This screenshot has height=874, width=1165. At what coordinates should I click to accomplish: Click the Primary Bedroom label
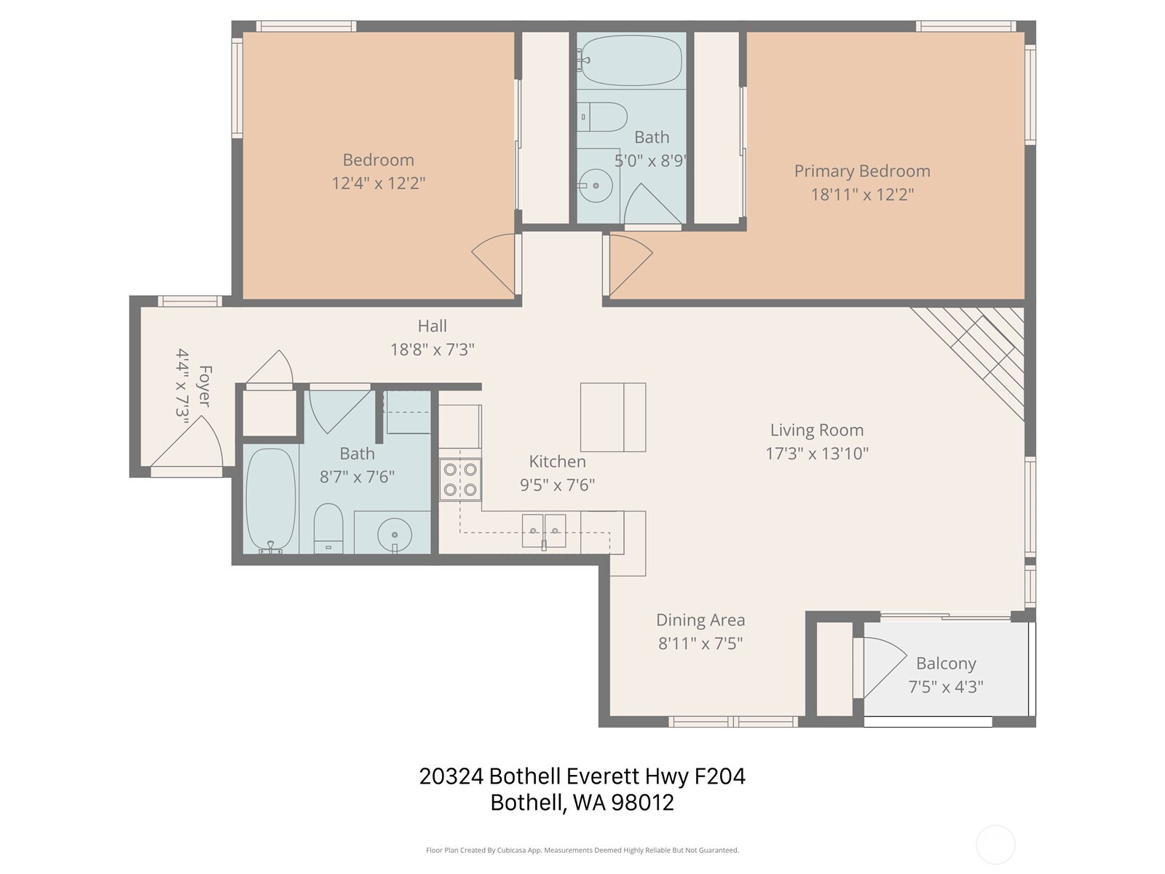[862, 171]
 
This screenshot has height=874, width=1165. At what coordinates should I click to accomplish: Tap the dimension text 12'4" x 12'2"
[378, 183]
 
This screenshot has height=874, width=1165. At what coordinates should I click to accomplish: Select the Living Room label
[816, 430]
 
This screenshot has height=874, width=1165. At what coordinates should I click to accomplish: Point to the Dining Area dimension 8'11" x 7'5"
[700, 643]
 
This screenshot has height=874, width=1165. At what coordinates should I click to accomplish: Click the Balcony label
[945, 664]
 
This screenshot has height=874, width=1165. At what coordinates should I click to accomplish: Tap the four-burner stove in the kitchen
[460, 479]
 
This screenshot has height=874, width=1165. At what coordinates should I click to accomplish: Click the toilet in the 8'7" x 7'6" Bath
[328, 527]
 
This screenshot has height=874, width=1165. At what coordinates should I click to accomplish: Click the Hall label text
[432, 326]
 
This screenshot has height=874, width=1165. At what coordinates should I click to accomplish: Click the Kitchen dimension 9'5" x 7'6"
[557, 485]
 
